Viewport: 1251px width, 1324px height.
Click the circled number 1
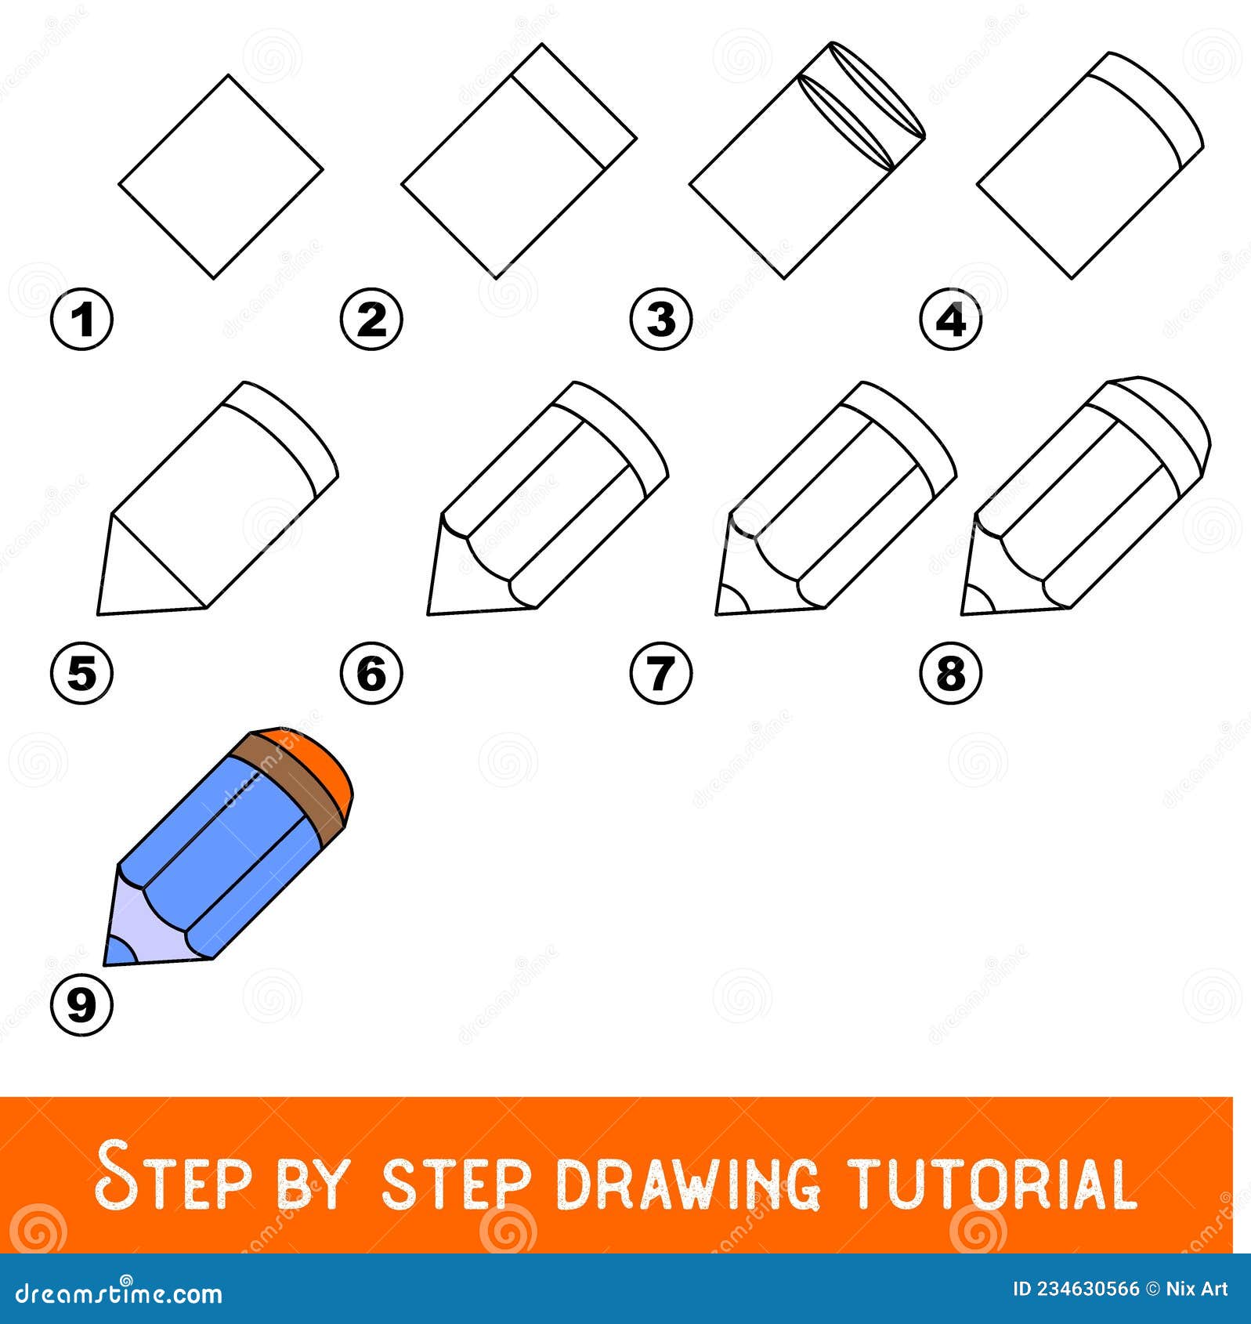pyautogui.click(x=82, y=320)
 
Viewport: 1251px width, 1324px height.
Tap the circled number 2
pyautogui.click(x=371, y=320)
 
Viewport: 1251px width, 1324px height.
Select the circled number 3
pyautogui.click(x=661, y=320)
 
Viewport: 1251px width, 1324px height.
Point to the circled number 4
pyautogui.click(x=950, y=320)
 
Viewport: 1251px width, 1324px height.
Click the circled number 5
pyautogui.click(x=82, y=672)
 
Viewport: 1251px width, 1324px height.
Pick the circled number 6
pyautogui.click(x=371, y=672)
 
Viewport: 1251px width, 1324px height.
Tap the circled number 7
pyautogui.click(x=661, y=672)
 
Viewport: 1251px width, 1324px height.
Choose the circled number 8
pyautogui.click(x=950, y=672)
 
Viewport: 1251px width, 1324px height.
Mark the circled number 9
pyautogui.click(x=82, y=1004)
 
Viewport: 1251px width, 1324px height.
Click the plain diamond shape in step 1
pyautogui.click(x=221, y=177)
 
